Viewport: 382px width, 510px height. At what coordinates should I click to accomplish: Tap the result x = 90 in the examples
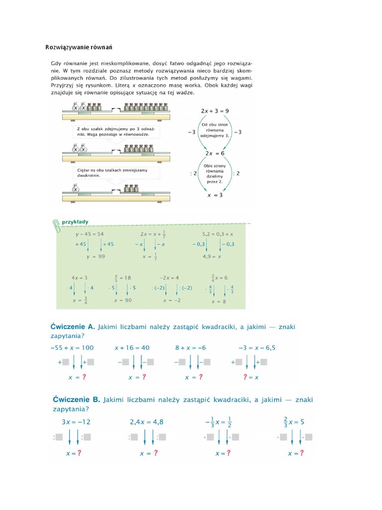coord(122,301)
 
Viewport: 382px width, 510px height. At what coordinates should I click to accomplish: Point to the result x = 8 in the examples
coord(218,301)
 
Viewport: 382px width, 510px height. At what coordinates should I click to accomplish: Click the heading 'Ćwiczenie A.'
coord(73,327)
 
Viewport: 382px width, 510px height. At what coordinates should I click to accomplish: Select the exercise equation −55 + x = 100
coord(74,348)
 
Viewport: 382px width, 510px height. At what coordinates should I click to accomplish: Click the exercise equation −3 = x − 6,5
coord(257,348)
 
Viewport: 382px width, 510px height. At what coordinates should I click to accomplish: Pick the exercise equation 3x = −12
coord(76,422)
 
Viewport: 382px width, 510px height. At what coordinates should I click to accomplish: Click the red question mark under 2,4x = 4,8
coord(156,453)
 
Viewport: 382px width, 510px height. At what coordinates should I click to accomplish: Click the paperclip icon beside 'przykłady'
coord(56,224)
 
